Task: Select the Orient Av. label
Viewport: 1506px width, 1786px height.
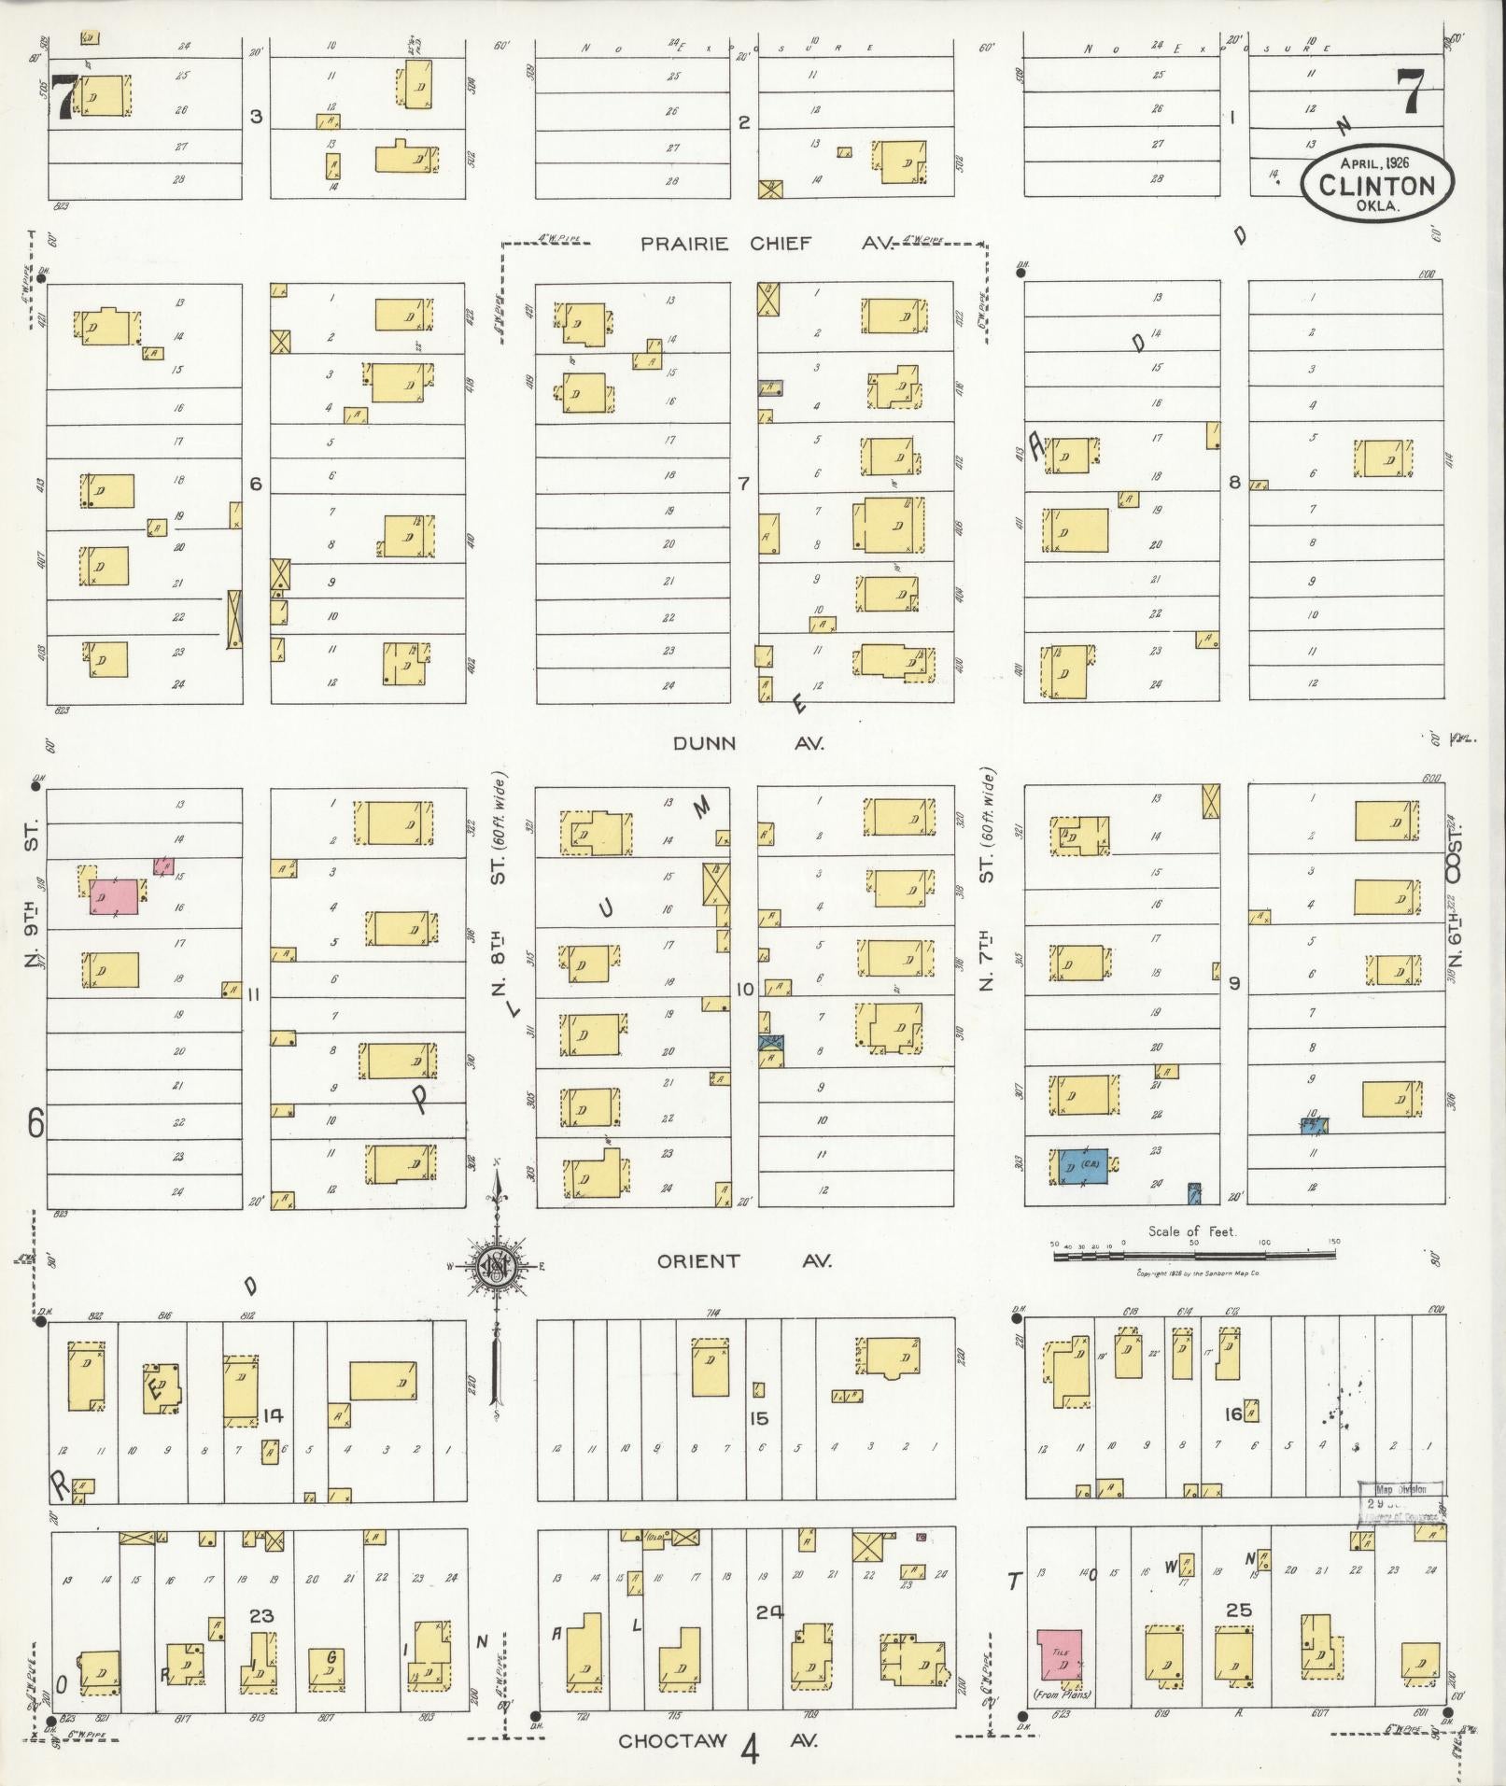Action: [743, 1261]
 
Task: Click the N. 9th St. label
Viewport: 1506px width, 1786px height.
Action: [34, 895]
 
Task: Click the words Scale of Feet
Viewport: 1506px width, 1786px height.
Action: [1192, 1231]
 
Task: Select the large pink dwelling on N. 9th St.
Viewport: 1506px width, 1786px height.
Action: [115, 896]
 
